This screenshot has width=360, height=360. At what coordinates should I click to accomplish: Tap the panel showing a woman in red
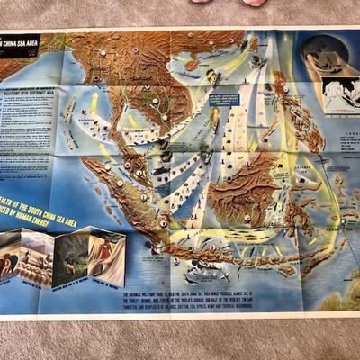(x=106, y=253)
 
